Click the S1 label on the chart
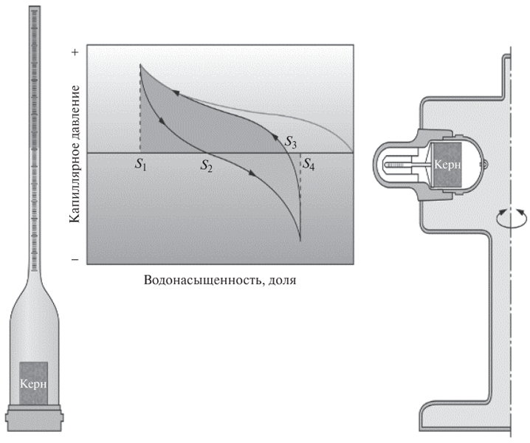[140, 165]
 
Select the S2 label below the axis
[207, 165]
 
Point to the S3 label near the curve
[290, 142]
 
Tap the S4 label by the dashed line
[308, 165]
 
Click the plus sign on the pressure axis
[75, 52]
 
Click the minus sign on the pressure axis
[75, 260]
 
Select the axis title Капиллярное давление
[75, 154]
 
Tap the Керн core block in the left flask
[33, 383]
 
